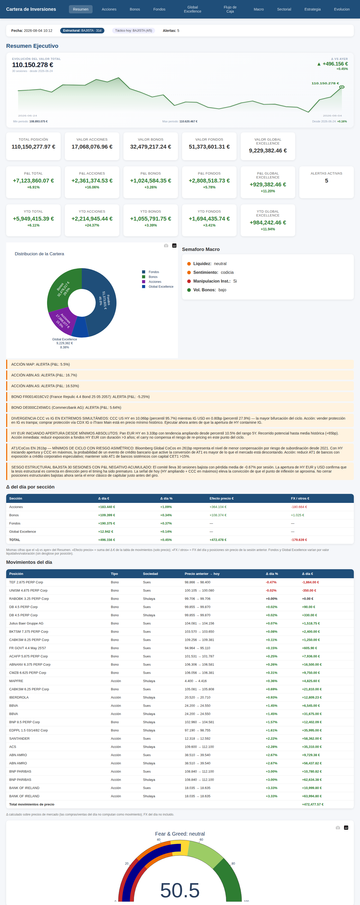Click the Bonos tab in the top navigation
[135, 9]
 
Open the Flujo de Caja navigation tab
[230, 9]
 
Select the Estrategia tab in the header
[312, 9]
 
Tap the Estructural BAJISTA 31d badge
[82, 31]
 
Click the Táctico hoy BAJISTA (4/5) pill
[133, 31]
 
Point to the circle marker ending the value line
[342, 87]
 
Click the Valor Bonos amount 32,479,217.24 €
[151, 147]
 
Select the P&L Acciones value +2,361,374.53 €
[92, 180]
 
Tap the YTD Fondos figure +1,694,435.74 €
[209, 219]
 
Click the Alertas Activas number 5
[327, 180]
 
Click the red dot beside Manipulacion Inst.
[189, 281]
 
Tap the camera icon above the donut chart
[166, 246]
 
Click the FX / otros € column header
[300, 498]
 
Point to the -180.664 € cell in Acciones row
[299, 507]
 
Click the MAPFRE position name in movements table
[16, 681]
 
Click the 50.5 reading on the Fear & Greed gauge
[180, 890]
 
